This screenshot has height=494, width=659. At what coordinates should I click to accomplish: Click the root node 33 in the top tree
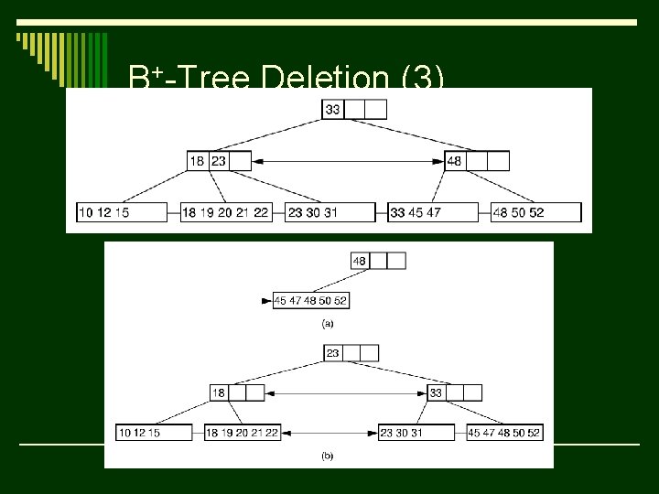(354, 110)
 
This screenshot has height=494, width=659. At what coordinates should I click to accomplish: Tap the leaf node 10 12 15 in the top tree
(122, 212)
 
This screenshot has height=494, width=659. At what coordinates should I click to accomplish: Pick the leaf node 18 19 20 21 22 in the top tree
(226, 212)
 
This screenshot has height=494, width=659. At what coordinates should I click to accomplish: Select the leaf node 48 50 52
(536, 212)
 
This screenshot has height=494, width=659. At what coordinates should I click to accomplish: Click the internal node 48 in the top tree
(477, 161)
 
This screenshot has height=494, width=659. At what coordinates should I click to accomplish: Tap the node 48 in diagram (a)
(378, 261)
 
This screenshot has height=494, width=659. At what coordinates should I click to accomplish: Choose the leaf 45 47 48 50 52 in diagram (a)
(311, 300)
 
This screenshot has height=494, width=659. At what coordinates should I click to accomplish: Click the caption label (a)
(328, 322)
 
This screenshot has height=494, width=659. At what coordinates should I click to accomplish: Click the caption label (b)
(328, 455)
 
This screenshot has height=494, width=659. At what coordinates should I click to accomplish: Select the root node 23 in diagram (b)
(351, 353)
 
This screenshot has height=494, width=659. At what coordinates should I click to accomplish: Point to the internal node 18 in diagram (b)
(237, 392)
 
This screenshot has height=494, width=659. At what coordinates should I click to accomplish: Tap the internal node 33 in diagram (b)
(455, 392)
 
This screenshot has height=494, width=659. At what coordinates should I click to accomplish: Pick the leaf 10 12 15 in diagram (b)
(154, 433)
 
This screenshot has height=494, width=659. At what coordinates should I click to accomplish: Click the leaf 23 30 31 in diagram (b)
(416, 433)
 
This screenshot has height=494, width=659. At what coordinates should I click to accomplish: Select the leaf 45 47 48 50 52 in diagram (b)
(504, 433)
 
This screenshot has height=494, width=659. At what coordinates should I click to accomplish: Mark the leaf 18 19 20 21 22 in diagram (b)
(242, 433)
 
